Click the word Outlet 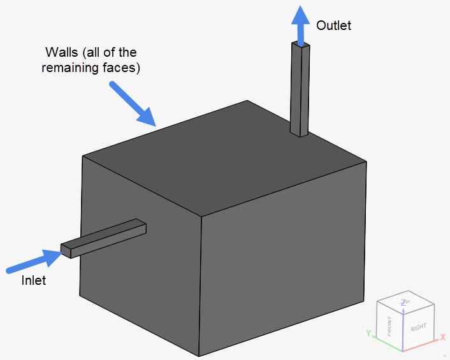coord(334,25)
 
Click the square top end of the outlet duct coord(301,45)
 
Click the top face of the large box coord(223,159)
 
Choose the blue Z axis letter coord(403,302)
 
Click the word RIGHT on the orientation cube coord(419,327)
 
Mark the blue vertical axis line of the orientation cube coord(403,331)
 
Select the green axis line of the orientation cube coord(386,344)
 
